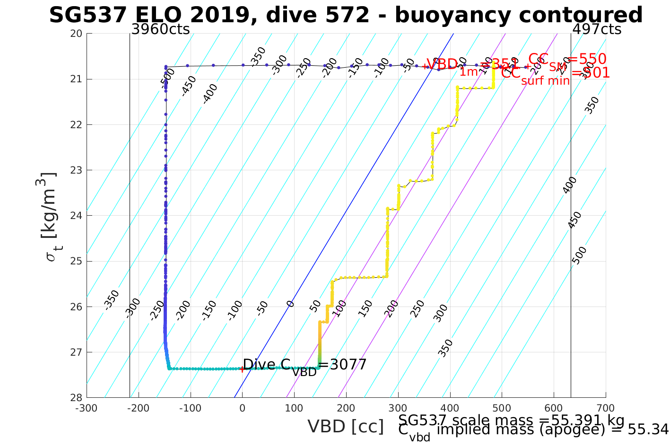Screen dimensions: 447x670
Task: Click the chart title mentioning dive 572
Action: coord(346,15)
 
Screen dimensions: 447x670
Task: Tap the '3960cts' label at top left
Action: coord(160,29)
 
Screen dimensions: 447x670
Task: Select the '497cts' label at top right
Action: coord(597,29)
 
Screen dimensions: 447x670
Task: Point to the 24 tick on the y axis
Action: coord(76,216)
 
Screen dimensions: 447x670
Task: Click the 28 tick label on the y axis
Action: coord(76,397)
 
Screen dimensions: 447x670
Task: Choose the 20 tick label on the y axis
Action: coord(76,34)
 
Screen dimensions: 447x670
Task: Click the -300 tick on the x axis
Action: coord(87,408)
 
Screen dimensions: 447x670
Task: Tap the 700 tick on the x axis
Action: coord(606,408)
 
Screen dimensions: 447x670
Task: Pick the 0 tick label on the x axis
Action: coord(242,408)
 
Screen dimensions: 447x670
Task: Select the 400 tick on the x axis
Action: coord(450,408)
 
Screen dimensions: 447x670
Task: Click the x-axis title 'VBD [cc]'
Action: coord(346,427)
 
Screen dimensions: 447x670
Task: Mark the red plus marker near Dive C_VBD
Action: coord(242,369)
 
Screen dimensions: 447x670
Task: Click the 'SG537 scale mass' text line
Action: coord(511,421)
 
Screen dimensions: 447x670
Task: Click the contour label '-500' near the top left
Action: coord(167,78)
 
